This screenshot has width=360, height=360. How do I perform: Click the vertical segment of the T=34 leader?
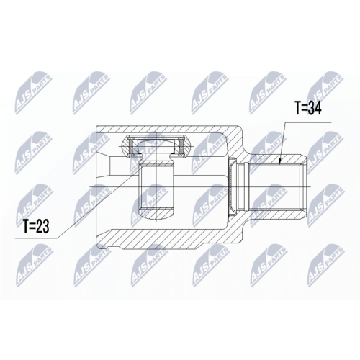click(286, 137)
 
